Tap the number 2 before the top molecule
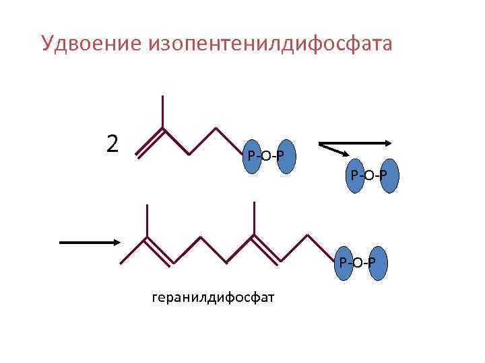click(x=113, y=143)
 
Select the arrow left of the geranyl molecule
click(x=90, y=242)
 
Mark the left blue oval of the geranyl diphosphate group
click(x=344, y=262)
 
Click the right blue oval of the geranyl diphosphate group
click(x=379, y=262)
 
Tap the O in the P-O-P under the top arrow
click(x=372, y=176)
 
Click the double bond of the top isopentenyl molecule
click(x=150, y=142)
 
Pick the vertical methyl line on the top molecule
click(x=163, y=112)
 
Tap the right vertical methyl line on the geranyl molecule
click(x=254, y=218)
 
